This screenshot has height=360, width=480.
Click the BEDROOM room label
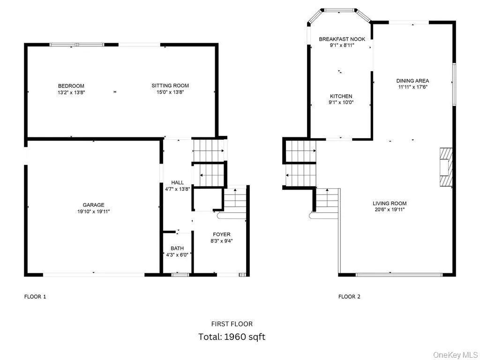(x=71, y=86)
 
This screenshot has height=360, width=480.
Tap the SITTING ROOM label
(x=170, y=86)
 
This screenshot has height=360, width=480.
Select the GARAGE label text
(x=94, y=205)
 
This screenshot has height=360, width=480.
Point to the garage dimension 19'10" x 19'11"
(x=94, y=211)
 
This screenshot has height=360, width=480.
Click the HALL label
(x=177, y=182)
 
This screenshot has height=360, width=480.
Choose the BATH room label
(x=177, y=248)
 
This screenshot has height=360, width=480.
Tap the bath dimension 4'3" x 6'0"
(x=177, y=255)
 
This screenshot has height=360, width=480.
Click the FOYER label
(x=222, y=234)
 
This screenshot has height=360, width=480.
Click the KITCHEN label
(x=341, y=96)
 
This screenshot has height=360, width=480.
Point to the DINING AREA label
(x=412, y=81)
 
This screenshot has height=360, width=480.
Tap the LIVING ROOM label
(x=390, y=203)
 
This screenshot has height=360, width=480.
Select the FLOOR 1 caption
(x=35, y=296)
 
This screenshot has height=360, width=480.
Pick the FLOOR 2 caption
(x=349, y=296)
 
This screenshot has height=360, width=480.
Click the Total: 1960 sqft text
(x=232, y=337)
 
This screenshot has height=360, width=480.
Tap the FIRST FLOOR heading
(x=232, y=324)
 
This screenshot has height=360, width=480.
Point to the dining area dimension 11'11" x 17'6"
(x=412, y=87)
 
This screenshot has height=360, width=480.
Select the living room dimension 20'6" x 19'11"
(x=390, y=210)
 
